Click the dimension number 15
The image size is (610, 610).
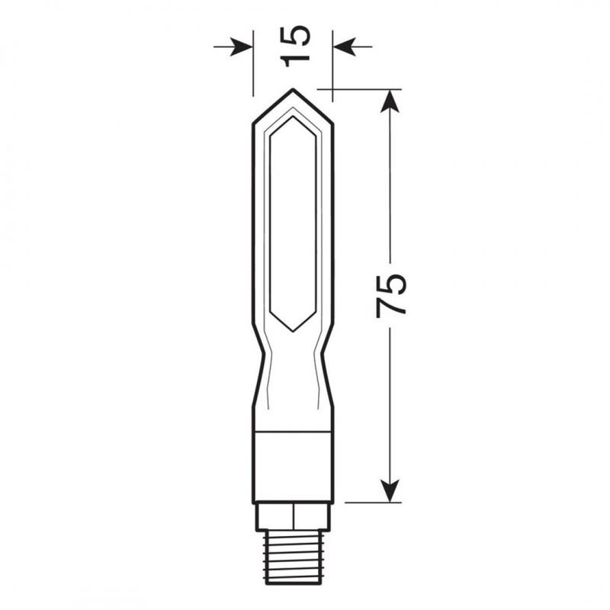[x=295, y=47]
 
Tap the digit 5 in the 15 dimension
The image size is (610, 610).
[x=295, y=36]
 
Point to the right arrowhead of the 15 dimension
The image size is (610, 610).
[x=345, y=47]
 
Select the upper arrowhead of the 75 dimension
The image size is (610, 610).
[x=390, y=101]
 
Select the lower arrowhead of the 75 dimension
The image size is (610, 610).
[x=390, y=490]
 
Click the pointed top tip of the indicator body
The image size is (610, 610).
[x=293, y=89]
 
